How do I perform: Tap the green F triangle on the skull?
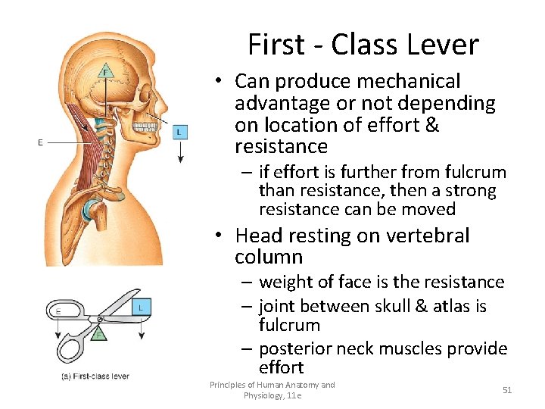[x=106, y=72]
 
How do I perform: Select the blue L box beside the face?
[x=179, y=132]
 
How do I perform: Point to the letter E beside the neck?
[x=40, y=142]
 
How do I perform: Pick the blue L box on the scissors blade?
[x=140, y=307]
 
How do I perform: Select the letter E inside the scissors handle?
[x=59, y=310]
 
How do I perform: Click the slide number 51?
[x=507, y=389]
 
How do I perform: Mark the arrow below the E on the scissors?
[x=59, y=322]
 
